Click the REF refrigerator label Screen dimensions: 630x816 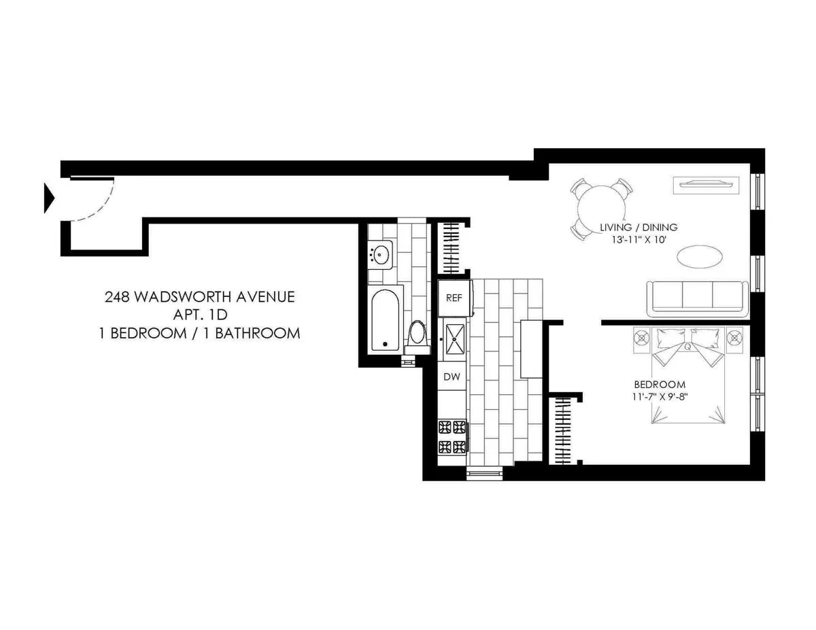click(452, 298)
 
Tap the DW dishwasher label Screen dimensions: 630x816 click(452, 376)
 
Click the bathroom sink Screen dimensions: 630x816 click(380, 256)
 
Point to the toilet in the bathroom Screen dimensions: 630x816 click(417, 334)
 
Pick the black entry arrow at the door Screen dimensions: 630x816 click(48, 197)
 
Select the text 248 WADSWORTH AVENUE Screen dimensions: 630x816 click(200, 297)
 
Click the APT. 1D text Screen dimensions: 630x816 click(200, 315)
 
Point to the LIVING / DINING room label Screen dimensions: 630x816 click(638, 227)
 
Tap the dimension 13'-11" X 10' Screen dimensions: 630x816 click(638, 240)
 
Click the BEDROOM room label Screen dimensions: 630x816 click(659, 384)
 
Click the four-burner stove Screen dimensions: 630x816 click(452, 436)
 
